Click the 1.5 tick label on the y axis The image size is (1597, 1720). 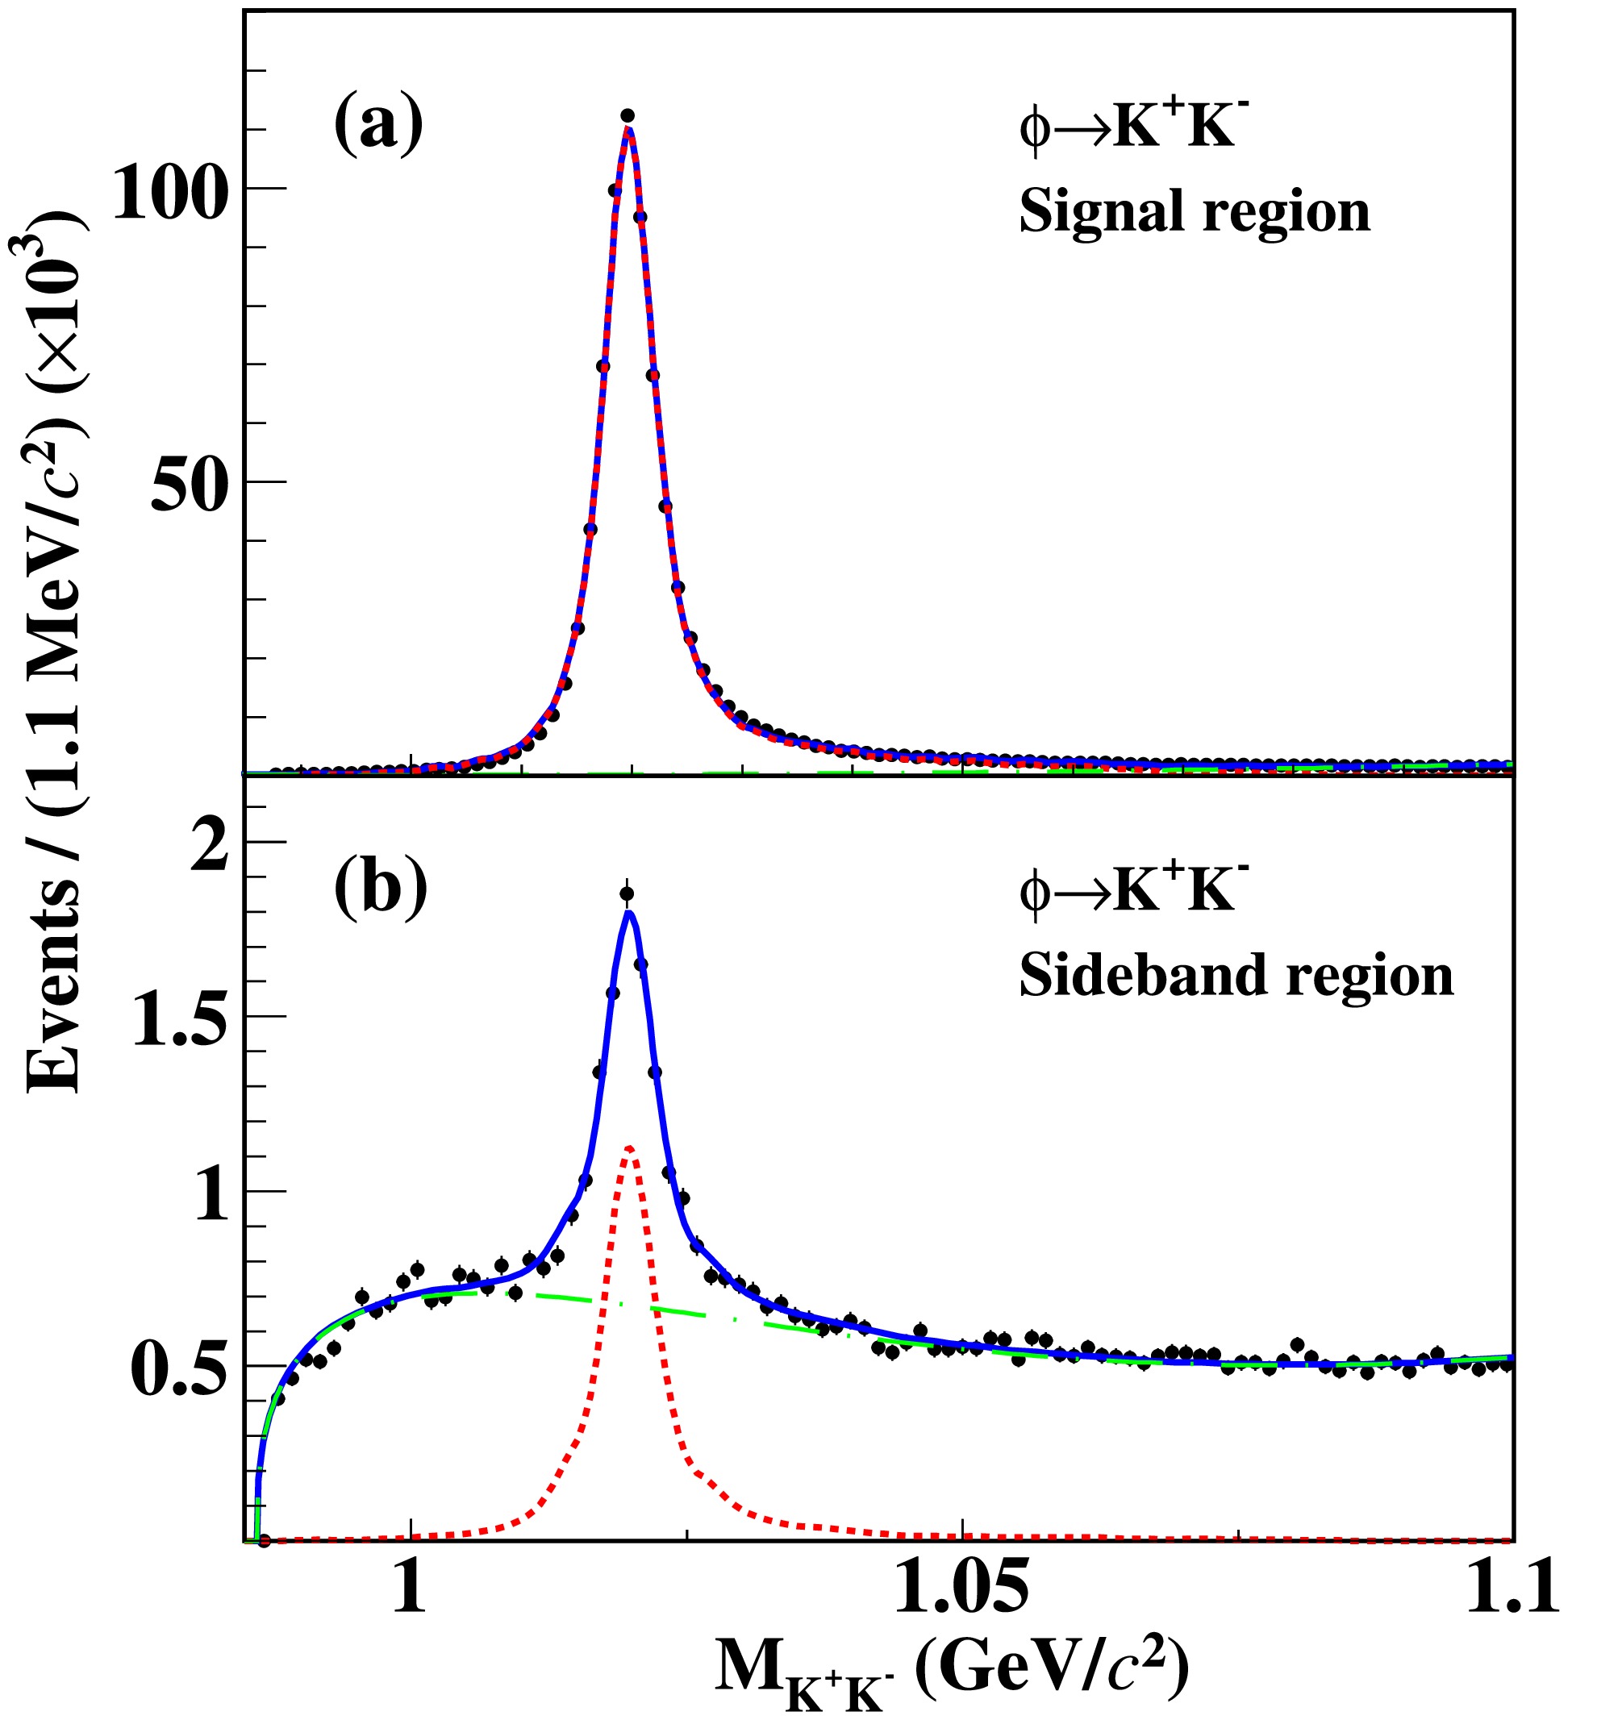[x=181, y=1018]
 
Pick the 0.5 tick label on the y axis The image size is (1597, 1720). [x=181, y=1369]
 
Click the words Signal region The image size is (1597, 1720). [x=1195, y=210]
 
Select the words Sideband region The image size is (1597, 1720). [x=1236, y=977]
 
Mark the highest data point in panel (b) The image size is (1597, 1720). [x=628, y=893]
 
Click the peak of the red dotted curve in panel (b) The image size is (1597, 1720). [x=629, y=1148]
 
